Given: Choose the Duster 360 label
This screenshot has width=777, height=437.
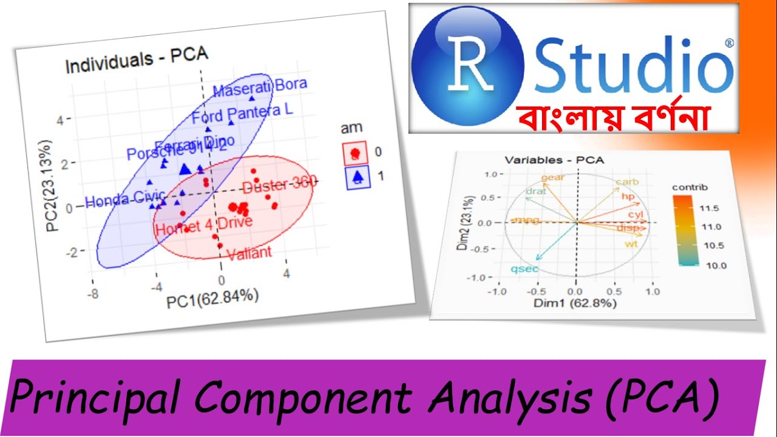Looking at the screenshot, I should (279, 185).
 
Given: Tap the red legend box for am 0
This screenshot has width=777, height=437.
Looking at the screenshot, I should (355, 154).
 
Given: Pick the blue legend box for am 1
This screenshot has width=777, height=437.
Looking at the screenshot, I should (358, 177).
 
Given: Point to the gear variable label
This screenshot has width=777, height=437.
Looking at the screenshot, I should (552, 178).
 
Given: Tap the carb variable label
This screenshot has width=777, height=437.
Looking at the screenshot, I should (627, 182).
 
